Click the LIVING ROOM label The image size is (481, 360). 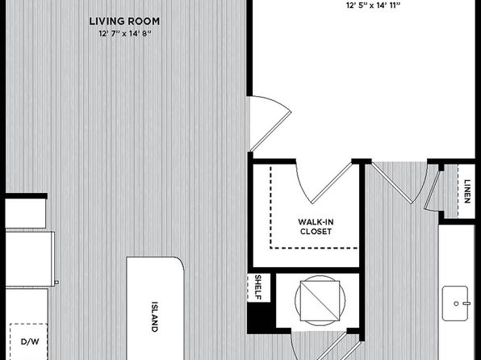[124, 21]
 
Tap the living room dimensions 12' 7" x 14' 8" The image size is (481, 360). [125, 33]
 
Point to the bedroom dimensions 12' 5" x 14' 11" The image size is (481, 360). [374, 5]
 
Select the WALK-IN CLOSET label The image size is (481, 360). [316, 227]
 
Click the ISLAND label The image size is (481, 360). [155, 316]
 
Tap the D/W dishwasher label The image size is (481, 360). [30, 341]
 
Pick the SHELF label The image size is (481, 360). [258, 287]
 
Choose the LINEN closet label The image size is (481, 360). [467, 191]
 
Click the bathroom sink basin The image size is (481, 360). [455, 303]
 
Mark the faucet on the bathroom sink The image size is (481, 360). [466, 303]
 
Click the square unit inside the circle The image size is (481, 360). [320, 301]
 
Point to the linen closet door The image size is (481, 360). [432, 190]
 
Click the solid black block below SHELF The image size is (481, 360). [259, 318]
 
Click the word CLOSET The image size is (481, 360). [316, 231]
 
